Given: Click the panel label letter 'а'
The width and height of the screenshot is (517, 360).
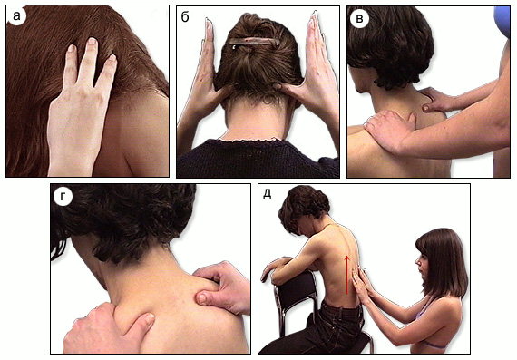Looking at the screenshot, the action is (x=16, y=15).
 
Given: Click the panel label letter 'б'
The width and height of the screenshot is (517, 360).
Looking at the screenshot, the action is (x=185, y=16).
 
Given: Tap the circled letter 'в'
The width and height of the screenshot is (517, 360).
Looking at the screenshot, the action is (x=360, y=19).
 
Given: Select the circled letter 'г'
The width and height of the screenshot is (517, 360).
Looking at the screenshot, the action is (x=63, y=197).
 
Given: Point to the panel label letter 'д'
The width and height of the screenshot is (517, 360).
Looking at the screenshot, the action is (x=267, y=194).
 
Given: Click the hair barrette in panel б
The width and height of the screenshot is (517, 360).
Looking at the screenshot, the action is (x=255, y=43).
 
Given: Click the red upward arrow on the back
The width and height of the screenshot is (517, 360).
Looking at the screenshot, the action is (x=346, y=273).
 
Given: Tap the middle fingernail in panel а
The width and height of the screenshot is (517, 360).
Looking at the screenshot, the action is (x=92, y=41).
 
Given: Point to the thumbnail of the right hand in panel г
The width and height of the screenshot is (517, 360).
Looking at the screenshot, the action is (x=200, y=298).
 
